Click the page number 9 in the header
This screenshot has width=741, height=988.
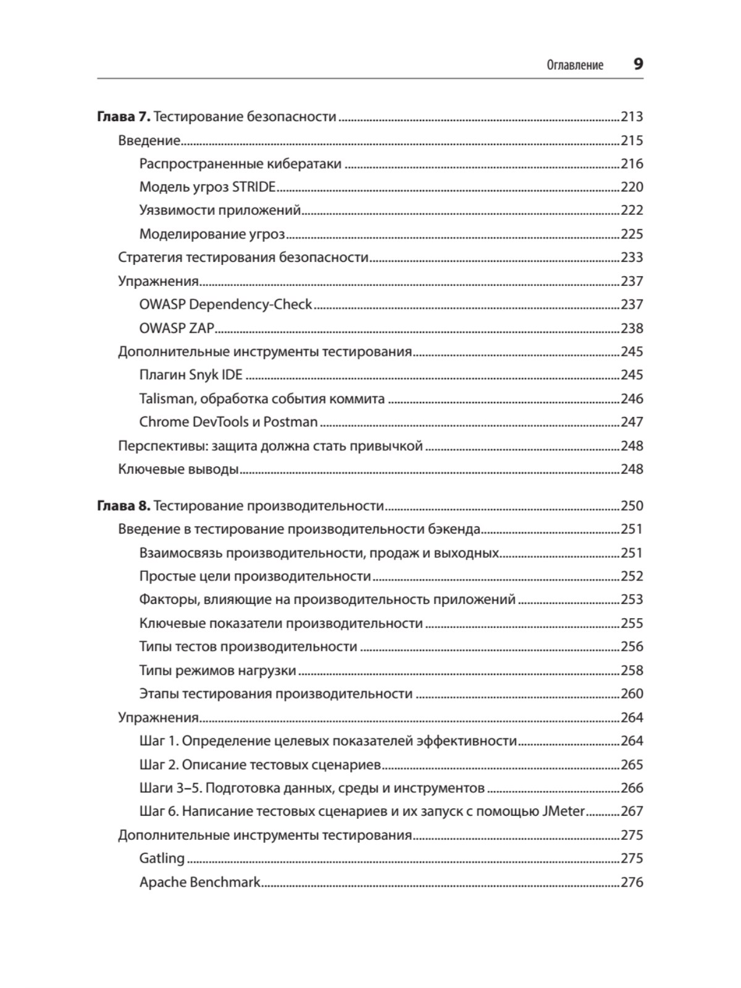(638, 64)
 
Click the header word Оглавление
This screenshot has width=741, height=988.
(575, 65)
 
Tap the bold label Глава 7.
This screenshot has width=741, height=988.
(124, 116)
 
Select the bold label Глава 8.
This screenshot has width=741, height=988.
(124, 506)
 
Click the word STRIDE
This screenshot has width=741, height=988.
(253, 186)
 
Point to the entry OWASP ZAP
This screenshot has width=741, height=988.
(177, 328)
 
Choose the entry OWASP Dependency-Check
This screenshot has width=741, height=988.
(225, 304)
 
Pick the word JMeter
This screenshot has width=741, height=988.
(563, 811)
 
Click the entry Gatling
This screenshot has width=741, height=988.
(162, 858)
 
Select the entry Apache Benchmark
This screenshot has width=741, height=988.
(200, 882)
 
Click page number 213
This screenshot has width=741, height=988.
(632, 116)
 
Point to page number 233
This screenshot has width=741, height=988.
(632, 257)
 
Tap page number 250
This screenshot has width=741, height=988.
(632, 506)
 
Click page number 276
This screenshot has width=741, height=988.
(632, 882)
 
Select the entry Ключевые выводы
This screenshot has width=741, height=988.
(178, 469)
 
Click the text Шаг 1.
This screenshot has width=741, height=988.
(159, 740)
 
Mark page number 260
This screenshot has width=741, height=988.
(632, 693)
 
